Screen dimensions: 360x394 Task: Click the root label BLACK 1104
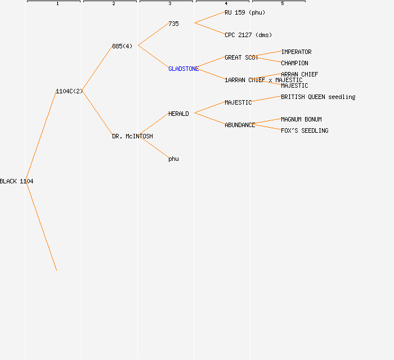click(x=16, y=181)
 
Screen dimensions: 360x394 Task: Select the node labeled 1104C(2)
click(x=69, y=91)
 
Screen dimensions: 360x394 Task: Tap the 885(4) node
click(x=122, y=46)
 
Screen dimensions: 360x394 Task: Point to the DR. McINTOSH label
click(x=132, y=136)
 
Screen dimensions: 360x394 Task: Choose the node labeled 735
click(x=173, y=24)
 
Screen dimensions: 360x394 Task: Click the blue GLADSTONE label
click(x=183, y=69)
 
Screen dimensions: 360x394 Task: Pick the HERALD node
click(x=178, y=114)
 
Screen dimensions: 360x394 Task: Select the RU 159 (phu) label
click(x=245, y=12)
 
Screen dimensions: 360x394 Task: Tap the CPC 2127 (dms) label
click(x=248, y=35)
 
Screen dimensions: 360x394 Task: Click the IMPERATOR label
click(x=296, y=52)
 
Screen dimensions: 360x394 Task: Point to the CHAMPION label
click(x=294, y=63)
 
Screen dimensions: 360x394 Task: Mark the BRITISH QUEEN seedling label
click(x=318, y=97)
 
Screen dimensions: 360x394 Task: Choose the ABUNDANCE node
click(x=240, y=125)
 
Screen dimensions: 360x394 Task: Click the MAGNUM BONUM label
click(x=301, y=119)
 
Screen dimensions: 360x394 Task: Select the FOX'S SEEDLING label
click(x=305, y=130)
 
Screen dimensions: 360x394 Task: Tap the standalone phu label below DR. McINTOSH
click(x=173, y=159)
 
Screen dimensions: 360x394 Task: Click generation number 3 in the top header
click(x=169, y=4)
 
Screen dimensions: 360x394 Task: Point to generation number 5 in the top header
click(x=282, y=4)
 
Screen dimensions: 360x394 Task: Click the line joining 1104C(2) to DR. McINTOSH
click(x=97, y=113)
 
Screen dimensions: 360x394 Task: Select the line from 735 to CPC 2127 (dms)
click(x=209, y=29)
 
